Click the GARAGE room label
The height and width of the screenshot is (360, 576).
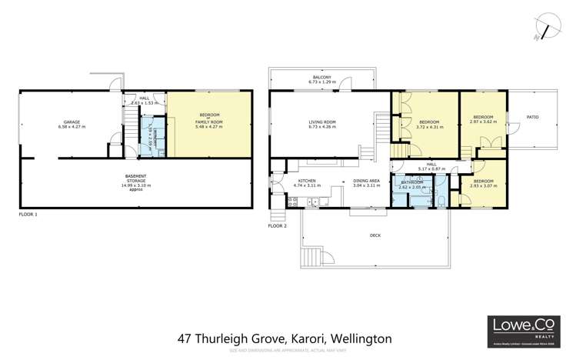[x=72, y=122]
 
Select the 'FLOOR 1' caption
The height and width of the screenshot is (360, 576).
[x=28, y=215]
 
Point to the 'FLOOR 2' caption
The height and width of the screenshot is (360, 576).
[x=277, y=227]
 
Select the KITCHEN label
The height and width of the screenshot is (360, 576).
[x=307, y=181]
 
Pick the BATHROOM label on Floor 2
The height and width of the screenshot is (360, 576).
[x=412, y=182]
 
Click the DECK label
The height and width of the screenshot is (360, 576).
[x=375, y=235]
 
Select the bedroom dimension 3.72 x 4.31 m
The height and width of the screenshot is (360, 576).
[x=429, y=126]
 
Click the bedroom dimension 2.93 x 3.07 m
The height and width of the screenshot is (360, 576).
[x=484, y=185]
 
